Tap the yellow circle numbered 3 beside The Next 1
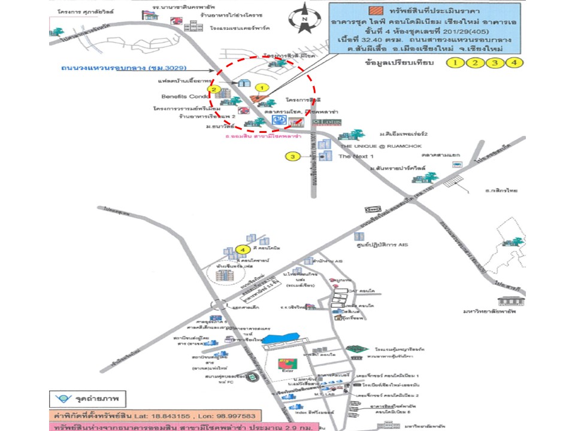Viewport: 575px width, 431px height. [x=292, y=157]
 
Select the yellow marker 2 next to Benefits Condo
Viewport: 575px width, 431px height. [x=213, y=90]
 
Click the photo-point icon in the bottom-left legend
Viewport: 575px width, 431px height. [x=61, y=398]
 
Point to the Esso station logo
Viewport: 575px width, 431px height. [x=373, y=208]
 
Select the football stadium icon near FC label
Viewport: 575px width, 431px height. [x=253, y=377]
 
